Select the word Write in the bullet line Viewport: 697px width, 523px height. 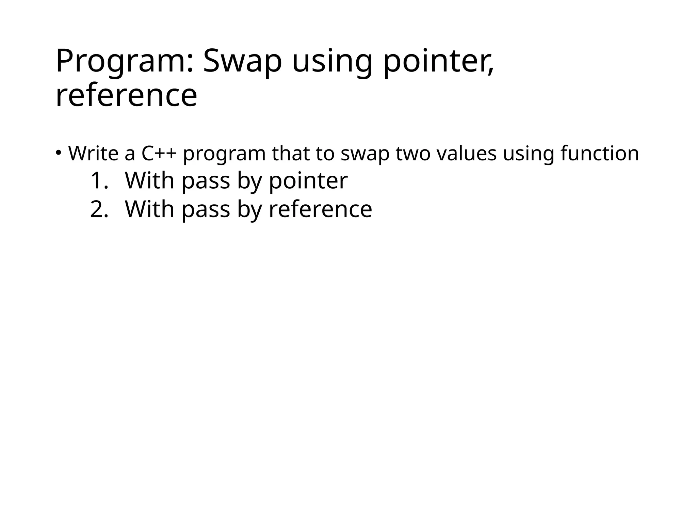pyautogui.click(x=93, y=154)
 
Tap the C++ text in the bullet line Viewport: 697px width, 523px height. pyautogui.click(x=159, y=154)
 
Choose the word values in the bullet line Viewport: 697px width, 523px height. pyautogui.click(x=466, y=154)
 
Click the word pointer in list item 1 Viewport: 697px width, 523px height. pyautogui.click(x=308, y=181)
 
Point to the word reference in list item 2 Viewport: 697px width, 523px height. pyautogui.click(x=321, y=209)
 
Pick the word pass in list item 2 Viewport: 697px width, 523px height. pyautogui.click(x=206, y=210)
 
